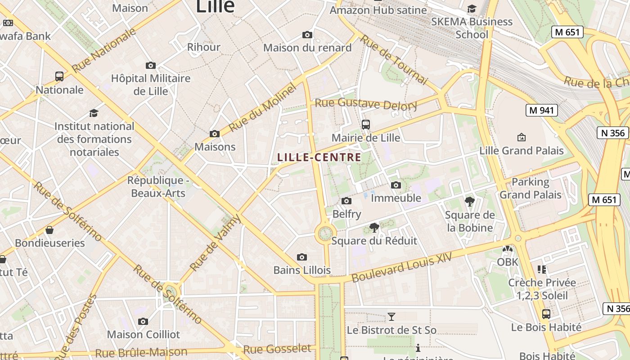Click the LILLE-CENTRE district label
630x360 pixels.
point(319,157)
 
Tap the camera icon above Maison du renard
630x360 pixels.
point(307,35)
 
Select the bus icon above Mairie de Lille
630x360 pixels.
point(366,125)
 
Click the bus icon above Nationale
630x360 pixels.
point(59,76)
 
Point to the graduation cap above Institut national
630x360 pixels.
point(94,112)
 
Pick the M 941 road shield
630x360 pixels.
point(541,110)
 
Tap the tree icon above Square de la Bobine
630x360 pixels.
point(470,201)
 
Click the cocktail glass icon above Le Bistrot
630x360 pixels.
point(391,317)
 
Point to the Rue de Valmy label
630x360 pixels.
point(216,243)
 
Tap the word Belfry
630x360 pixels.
point(346,214)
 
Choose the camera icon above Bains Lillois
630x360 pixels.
point(302,257)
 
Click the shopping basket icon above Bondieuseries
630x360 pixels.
point(49,230)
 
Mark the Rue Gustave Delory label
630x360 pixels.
point(366,104)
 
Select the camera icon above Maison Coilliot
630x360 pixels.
point(143,321)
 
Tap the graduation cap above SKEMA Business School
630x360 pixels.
point(472,9)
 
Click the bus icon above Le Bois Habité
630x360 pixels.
point(546,314)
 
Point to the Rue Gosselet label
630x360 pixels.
point(277,349)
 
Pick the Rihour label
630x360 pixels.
point(203,47)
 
